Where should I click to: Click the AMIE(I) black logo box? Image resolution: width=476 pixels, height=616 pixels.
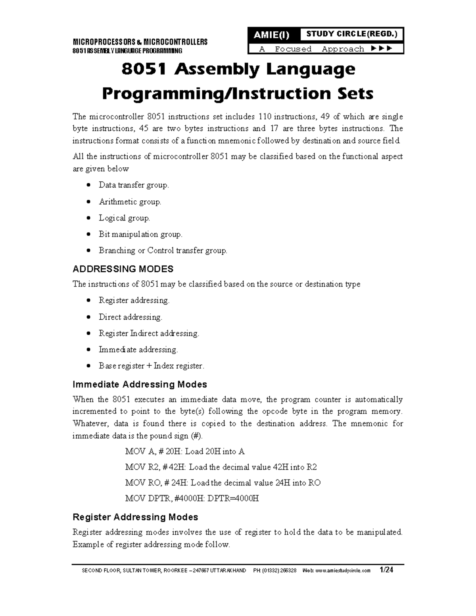(272, 35)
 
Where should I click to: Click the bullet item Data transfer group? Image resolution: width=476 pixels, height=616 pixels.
(134, 185)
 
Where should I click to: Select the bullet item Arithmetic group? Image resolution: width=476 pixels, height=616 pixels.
(130, 202)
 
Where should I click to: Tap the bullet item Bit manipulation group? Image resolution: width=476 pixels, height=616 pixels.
(140, 234)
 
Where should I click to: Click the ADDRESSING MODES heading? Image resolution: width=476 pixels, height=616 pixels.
(123, 269)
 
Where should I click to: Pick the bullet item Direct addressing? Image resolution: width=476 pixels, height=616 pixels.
(130, 317)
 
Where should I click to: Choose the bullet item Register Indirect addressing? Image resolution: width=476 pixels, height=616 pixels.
(149, 334)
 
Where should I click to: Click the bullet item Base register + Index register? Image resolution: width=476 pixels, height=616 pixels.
(151, 366)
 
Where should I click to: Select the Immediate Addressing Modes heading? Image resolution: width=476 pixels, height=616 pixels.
(140, 384)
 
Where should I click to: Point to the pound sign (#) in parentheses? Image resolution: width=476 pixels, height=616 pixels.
(196, 436)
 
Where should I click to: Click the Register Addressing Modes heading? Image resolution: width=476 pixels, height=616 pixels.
(135, 517)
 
